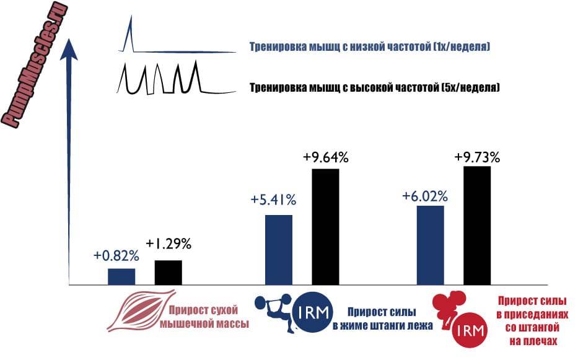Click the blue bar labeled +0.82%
(121, 276)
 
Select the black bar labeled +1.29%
(168, 273)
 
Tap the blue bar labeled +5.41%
(278, 250)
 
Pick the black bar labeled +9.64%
(325, 226)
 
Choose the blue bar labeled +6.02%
(431, 245)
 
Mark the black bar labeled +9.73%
(477, 225)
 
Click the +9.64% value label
(326, 157)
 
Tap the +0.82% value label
(116, 255)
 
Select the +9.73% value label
(477, 157)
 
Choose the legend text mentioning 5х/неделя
(374, 88)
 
